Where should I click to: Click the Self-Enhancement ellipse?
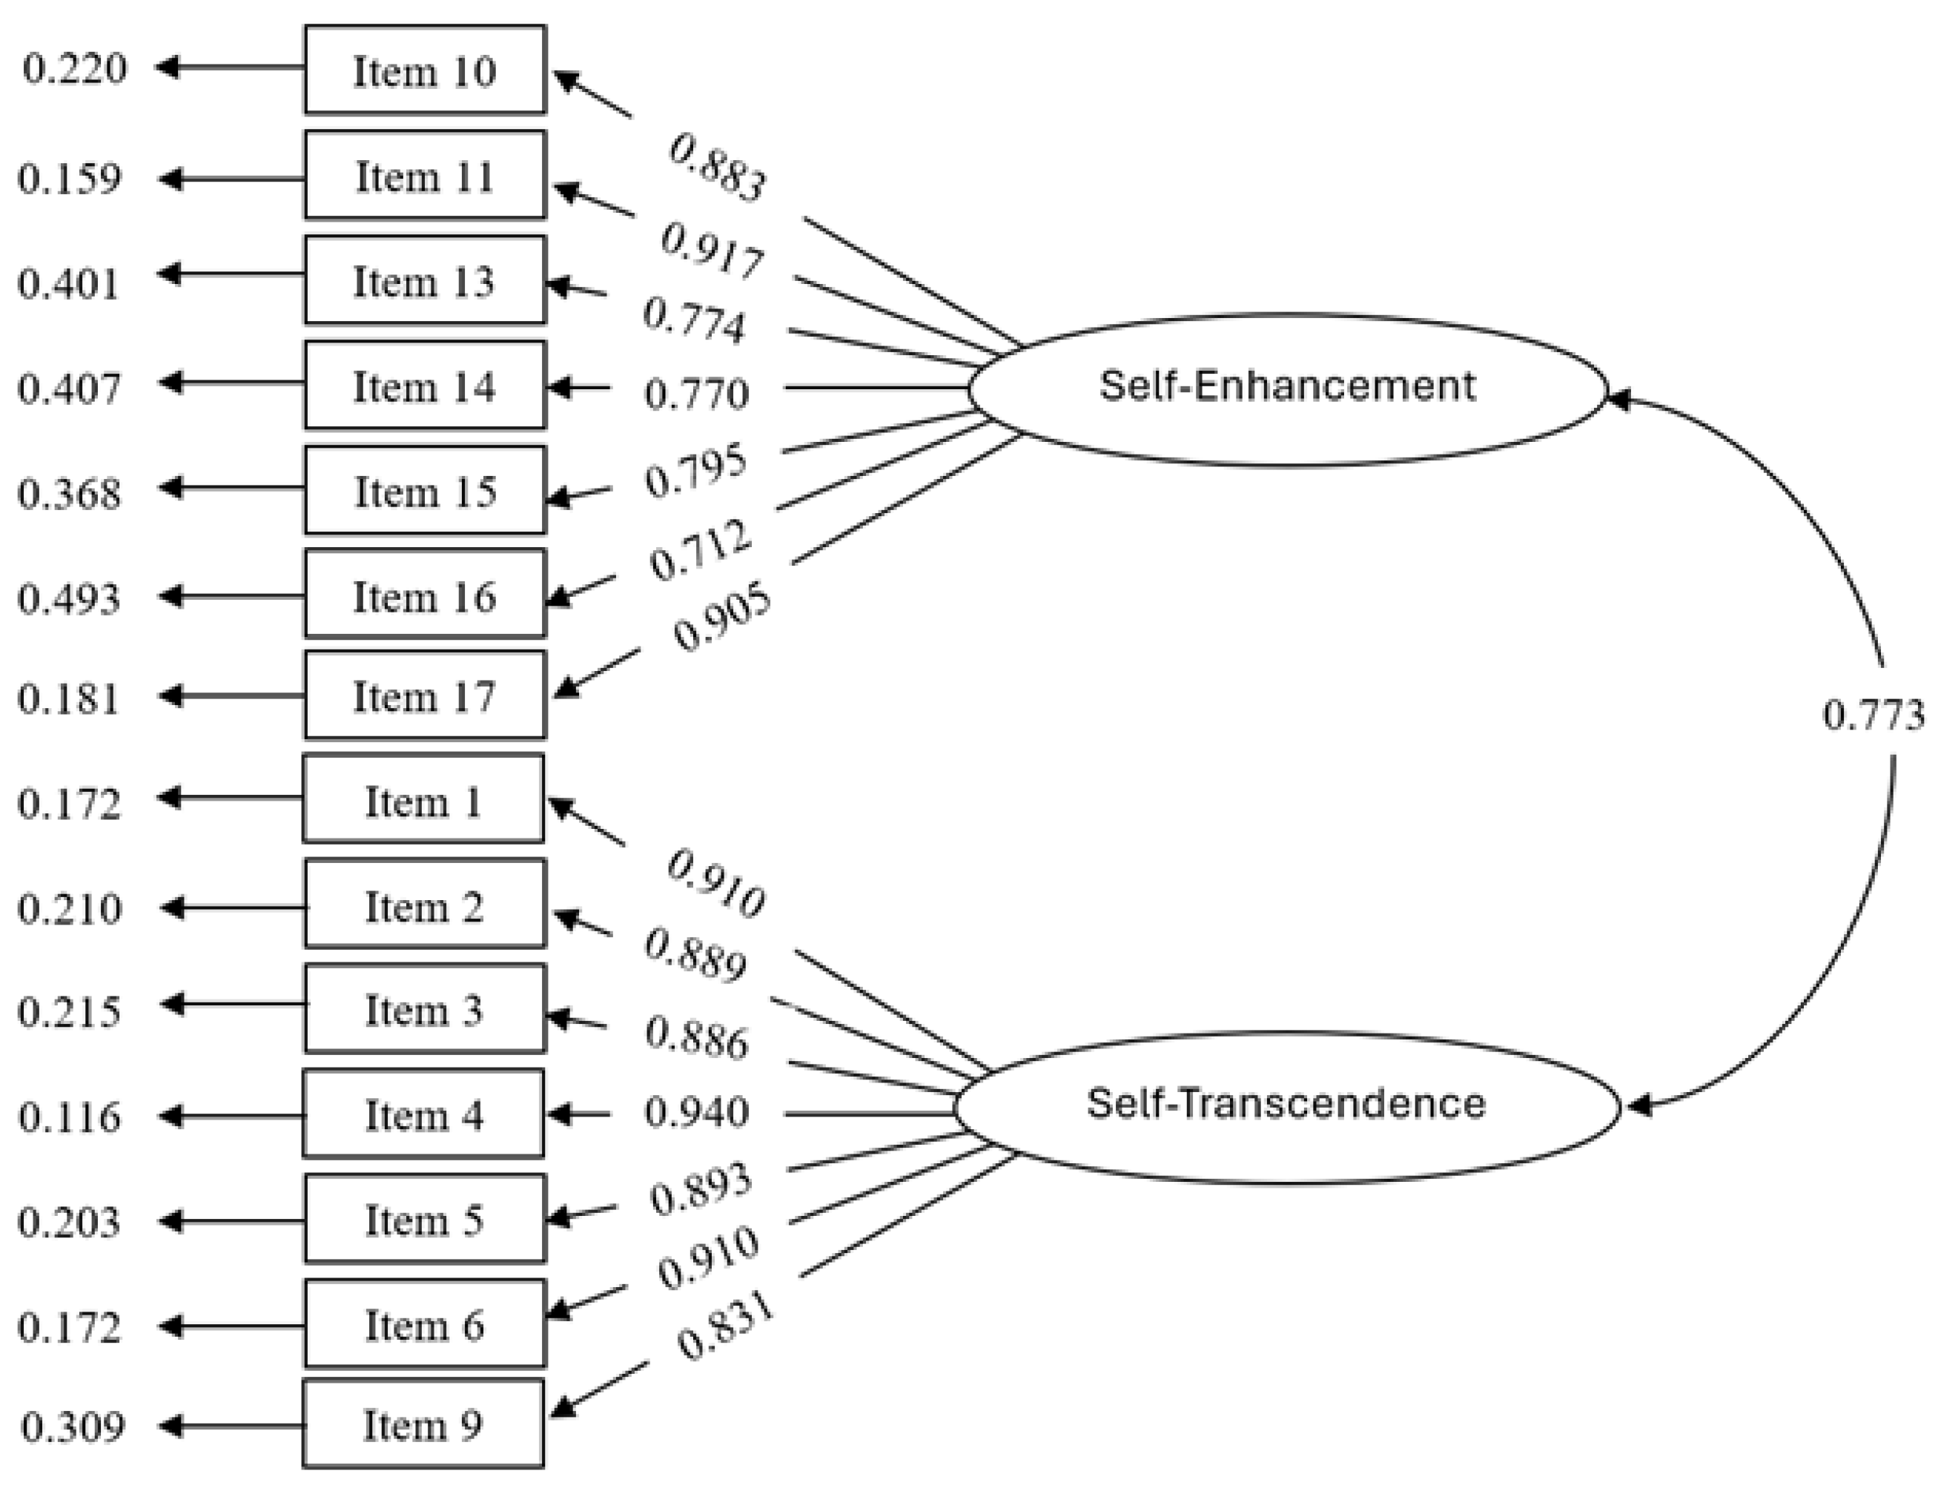pos(1286,389)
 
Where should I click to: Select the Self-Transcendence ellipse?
pos(1286,1105)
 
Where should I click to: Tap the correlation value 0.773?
pos(1872,715)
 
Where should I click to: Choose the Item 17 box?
pos(424,695)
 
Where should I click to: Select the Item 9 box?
pos(423,1424)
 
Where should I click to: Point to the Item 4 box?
pos(423,1114)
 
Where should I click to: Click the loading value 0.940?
pos(697,1112)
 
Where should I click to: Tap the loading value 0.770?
pos(697,393)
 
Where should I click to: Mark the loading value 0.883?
pos(716,168)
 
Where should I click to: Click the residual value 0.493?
pos(68,598)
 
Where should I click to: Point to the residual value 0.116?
pos(68,1117)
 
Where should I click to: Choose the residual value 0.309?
pos(72,1427)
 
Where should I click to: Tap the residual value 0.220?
pos(75,68)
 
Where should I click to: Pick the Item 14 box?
pos(424,386)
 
